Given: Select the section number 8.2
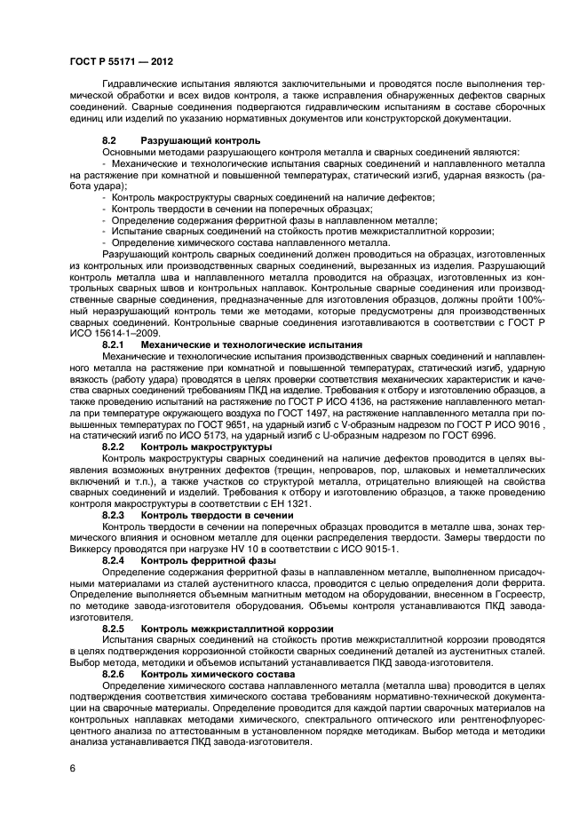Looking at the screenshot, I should [108, 141].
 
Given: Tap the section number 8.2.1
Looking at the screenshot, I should [113, 344].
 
